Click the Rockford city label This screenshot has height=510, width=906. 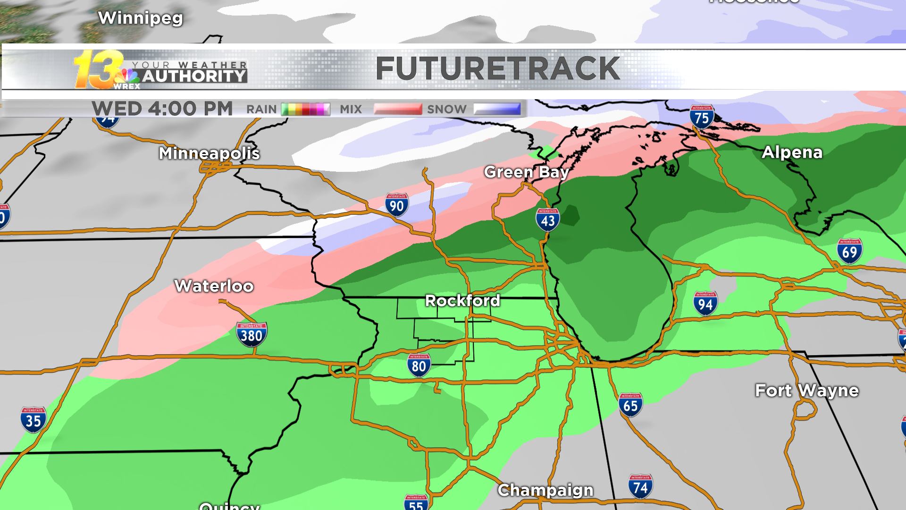click(x=462, y=301)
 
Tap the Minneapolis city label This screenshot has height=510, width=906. click(x=209, y=153)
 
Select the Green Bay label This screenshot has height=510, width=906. click(x=526, y=172)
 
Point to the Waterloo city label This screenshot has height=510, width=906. click(x=214, y=286)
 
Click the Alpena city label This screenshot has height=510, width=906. click(x=792, y=153)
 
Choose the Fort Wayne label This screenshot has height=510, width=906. click(x=806, y=391)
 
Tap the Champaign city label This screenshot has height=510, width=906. click(x=545, y=491)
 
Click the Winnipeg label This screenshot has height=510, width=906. click(x=140, y=18)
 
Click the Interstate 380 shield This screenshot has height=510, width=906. click(x=252, y=334)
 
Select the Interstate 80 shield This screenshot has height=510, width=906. click(x=419, y=365)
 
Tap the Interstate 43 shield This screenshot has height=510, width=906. click(x=547, y=220)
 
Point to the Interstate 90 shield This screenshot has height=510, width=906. click(x=396, y=205)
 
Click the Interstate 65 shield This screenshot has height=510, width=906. click(x=630, y=405)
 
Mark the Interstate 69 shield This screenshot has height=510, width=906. click(x=849, y=251)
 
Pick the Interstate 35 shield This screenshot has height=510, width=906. click(x=33, y=419)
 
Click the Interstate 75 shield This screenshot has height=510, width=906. click(x=702, y=117)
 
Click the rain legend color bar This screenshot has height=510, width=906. click(x=305, y=110)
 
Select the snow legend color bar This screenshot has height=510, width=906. click(x=497, y=110)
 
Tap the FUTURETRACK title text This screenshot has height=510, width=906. click(x=497, y=69)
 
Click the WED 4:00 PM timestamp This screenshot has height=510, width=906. click(x=162, y=109)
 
